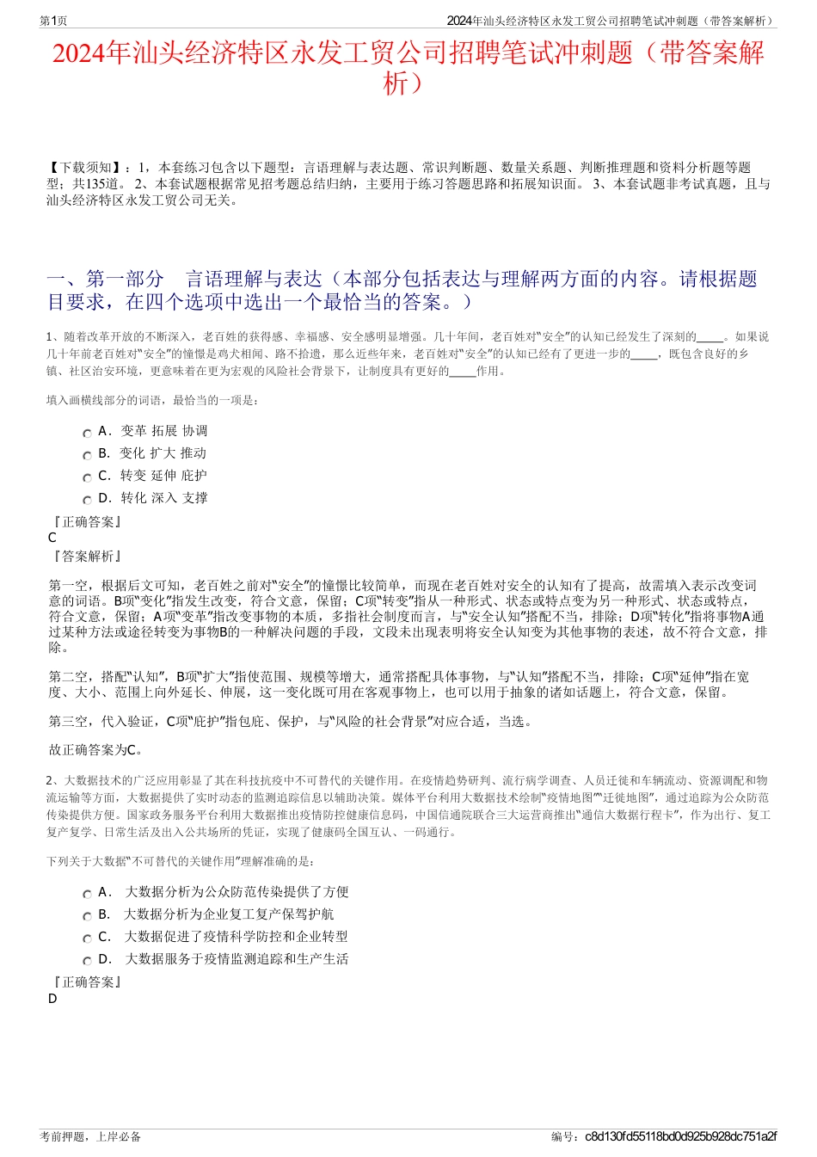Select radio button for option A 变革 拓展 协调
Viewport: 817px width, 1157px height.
pyautogui.click(x=87, y=433)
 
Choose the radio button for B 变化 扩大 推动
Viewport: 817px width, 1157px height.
pyautogui.click(x=87, y=455)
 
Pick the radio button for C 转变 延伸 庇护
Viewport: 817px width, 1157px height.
pyautogui.click(x=87, y=477)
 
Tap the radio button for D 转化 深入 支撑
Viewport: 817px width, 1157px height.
pyautogui.click(x=87, y=500)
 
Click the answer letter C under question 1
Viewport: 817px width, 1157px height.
pyautogui.click(x=52, y=538)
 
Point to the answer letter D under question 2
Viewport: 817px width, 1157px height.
pyautogui.click(x=52, y=999)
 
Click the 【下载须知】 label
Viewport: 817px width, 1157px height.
pyautogui.click(x=85, y=168)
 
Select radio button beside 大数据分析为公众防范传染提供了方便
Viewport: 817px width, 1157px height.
pyautogui.click(x=87, y=894)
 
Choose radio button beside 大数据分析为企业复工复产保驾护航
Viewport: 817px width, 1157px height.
pyautogui.click(x=87, y=916)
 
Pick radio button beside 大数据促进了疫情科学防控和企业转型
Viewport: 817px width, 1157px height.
pyautogui.click(x=87, y=939)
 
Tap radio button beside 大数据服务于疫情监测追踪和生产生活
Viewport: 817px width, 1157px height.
pyautogui.click(x=87, y=961)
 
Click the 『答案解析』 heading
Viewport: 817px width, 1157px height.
pyautogui.click(x=86, y=557)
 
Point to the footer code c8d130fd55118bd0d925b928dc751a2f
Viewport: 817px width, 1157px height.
pyautogui.click(x=680, y=1136)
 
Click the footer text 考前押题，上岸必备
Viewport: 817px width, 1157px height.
pyautogui.click(x=90, y=1136)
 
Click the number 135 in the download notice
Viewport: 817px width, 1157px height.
pyautogui.click(x=95, y=184)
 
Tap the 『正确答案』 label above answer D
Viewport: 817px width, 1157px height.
pyautogui.click(x=86, y=982)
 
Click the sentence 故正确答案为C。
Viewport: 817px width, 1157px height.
pyautogui.click(x=96, y=749)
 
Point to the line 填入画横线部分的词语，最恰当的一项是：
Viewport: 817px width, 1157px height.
pyautogui.click(x=153, y=400)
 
